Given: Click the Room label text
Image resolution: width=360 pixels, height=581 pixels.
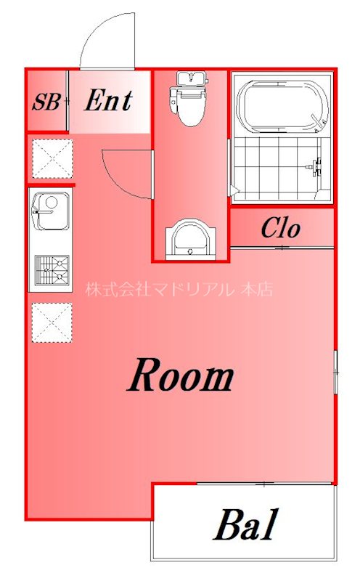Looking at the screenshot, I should click(x=181, y=376).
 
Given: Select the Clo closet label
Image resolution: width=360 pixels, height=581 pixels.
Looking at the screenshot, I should click(x=280, y=229).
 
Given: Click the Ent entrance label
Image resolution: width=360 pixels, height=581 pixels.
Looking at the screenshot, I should click(x=108, y=101).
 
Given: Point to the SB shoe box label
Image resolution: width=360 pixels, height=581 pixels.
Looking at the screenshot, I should click(x=45, y=102).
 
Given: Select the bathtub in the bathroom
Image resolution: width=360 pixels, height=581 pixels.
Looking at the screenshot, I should click(x=280, y=105).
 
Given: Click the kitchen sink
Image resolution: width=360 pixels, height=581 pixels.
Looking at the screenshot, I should click(x=50, y=212).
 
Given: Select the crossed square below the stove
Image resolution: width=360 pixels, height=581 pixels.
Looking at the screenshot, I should click(x=51, y=322).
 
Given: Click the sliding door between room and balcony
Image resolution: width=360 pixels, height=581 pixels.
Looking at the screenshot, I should click(x=265, y=484).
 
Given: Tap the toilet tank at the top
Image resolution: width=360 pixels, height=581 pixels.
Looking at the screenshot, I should click(x=188, y=78).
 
